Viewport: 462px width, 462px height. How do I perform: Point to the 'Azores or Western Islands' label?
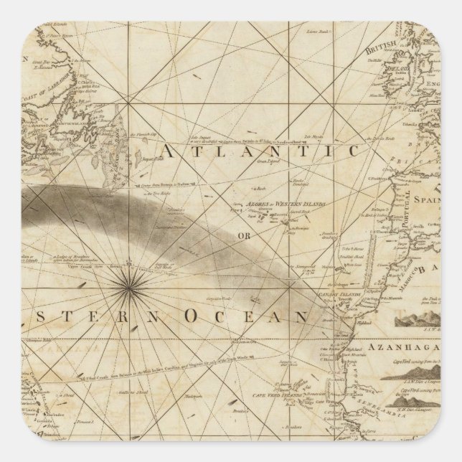pos(274,204)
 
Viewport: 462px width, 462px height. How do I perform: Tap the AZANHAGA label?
pos(402,346)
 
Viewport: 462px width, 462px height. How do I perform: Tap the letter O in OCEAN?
pos(192,316)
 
